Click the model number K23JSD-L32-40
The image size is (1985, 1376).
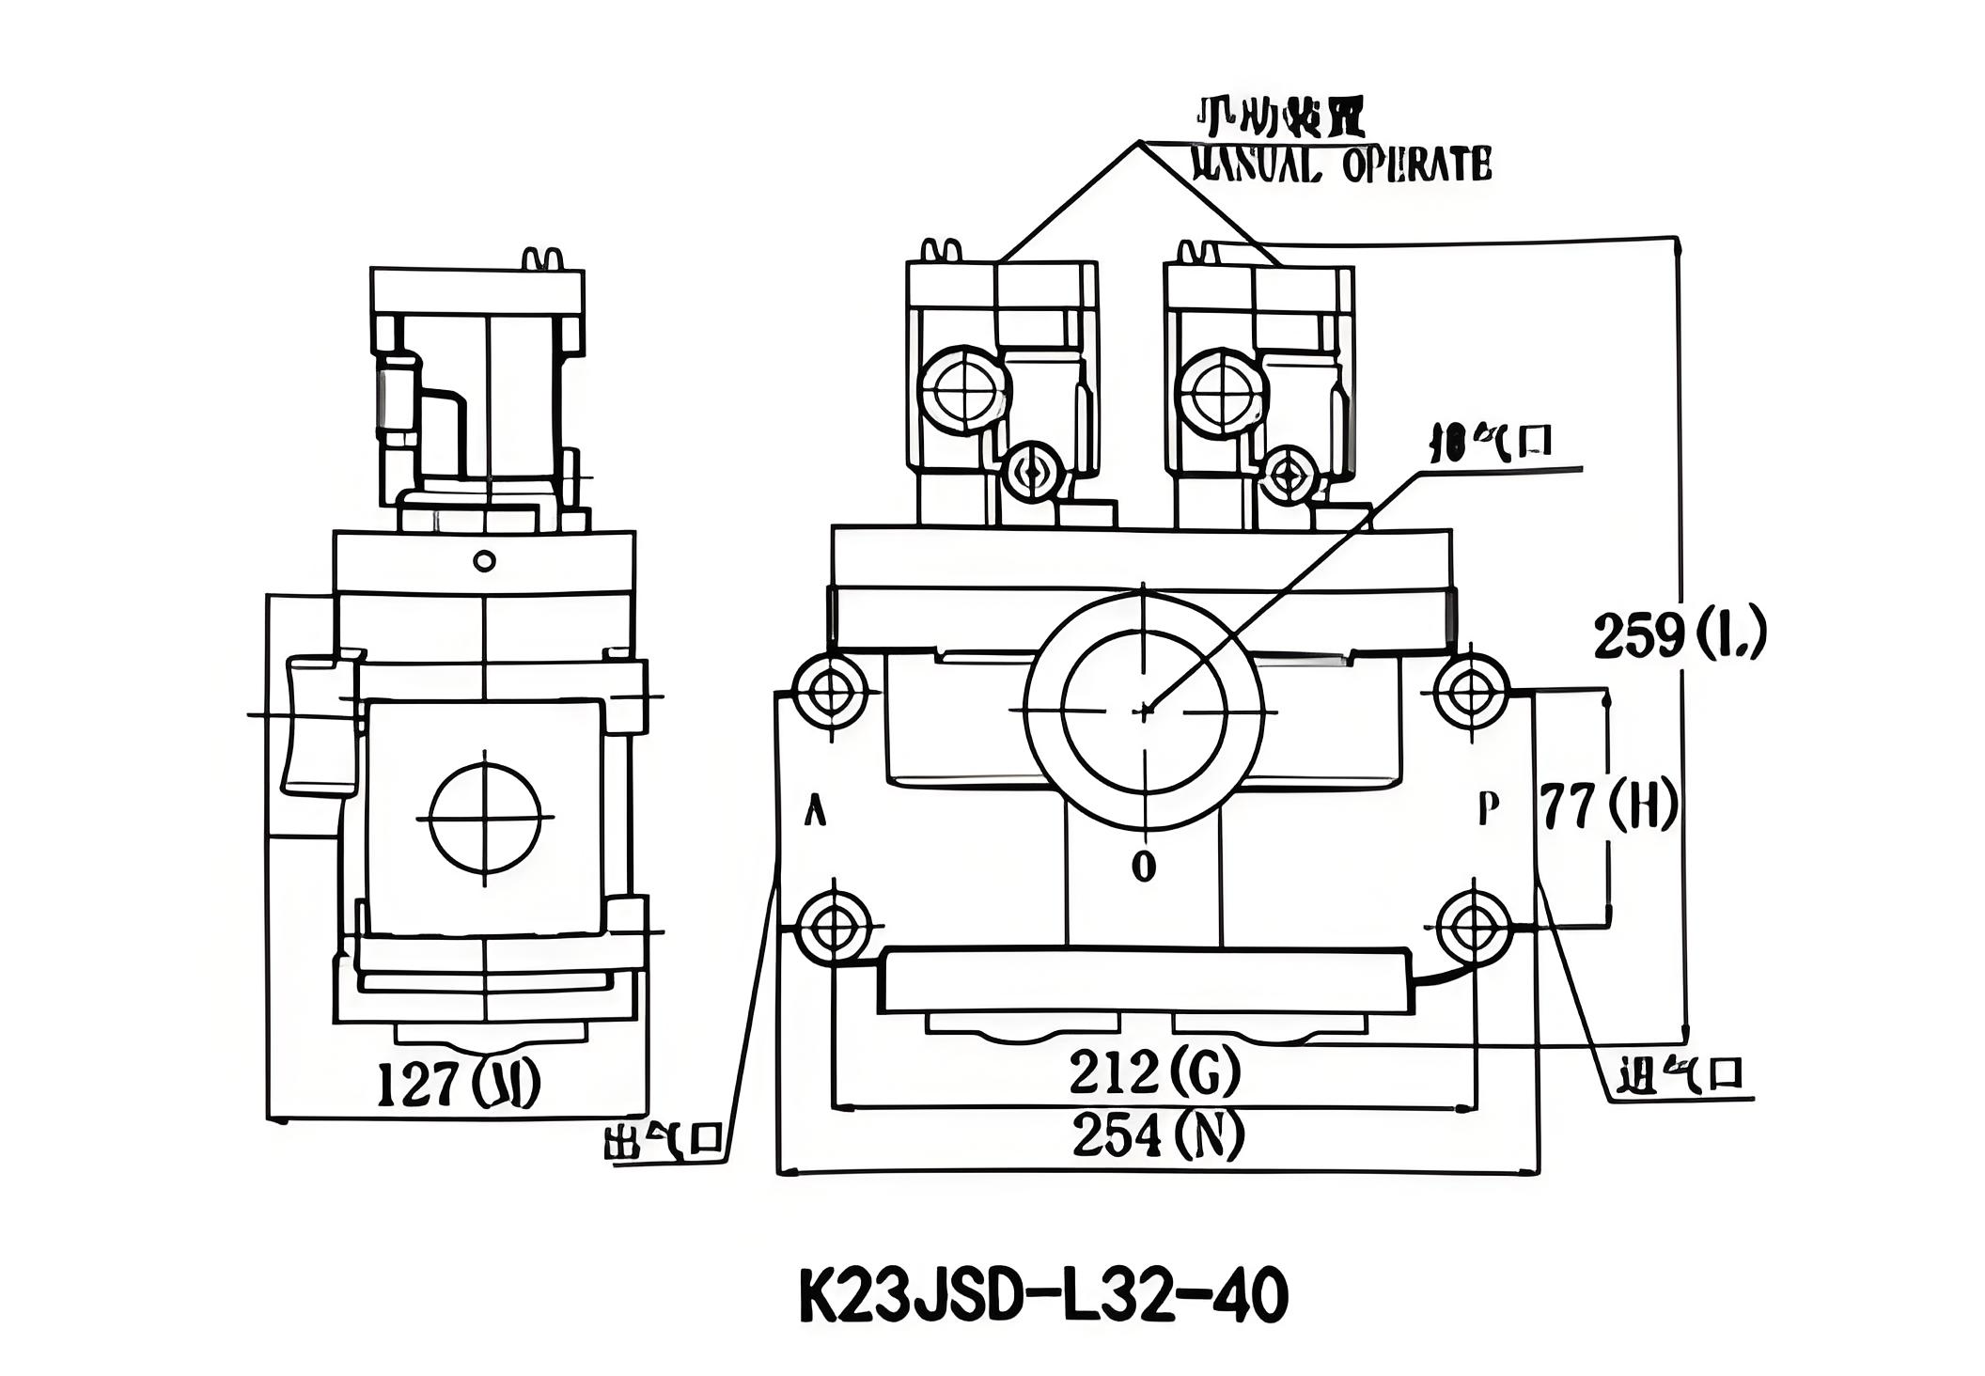[x=1043, y=1298]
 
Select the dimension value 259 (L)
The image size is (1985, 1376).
[x=1680, y=636]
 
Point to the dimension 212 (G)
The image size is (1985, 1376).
[x=1154, y=1072]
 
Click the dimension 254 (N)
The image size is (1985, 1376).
[x=1158, y=1134]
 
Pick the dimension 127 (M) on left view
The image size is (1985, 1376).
[x=458, y=1084]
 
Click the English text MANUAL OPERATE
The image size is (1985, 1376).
[x=1340, y=165]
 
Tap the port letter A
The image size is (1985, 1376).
[x=816, y=809]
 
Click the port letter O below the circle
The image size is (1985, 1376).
[x=1143, y=866]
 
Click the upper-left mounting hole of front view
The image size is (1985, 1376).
[x=831, y=692]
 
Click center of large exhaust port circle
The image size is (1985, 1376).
[x=1143, y=711]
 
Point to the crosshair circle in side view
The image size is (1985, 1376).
[x=485, y=817]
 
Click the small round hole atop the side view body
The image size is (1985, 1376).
[x=484, y=561]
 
